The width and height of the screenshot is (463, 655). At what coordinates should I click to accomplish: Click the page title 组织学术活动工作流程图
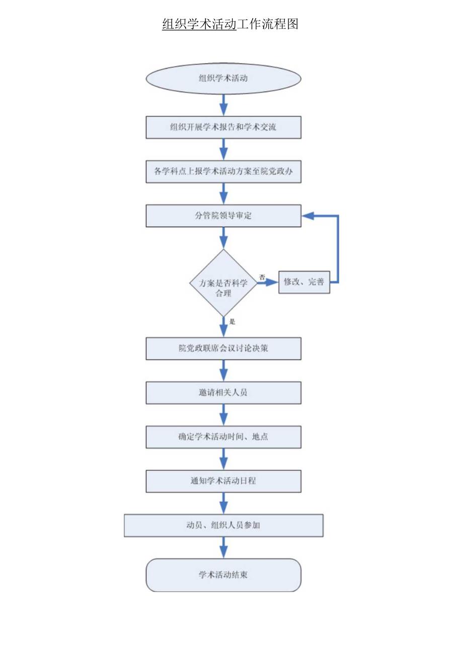click(x=230, y=24)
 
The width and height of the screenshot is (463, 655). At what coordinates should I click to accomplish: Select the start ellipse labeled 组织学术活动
click(x=223, y=79)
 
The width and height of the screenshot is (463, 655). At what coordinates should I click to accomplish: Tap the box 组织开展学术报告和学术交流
click(x=223, y=127)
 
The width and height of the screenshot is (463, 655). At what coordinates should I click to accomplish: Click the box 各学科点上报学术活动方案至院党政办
click(x=223, y=172)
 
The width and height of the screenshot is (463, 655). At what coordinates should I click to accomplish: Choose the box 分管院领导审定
click(x=223, y=215)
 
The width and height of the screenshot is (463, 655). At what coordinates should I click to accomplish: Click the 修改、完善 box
click(x=304, y=282)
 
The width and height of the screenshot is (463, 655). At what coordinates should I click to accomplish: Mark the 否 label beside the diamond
click(x=262, y=277)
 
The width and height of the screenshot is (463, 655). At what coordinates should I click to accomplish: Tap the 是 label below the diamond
click(x=232, y=321)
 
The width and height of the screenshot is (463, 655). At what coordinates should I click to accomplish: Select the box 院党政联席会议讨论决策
click(x=223, y=348)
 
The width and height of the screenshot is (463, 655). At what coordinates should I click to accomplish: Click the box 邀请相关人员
click(x=223, y=393)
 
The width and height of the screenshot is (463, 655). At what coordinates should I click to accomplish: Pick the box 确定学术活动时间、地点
click(x=223, y=436)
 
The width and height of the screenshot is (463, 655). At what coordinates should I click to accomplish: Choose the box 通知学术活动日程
click(x=223, y=481)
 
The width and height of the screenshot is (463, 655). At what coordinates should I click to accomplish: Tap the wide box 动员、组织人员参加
click(x=223, y=525)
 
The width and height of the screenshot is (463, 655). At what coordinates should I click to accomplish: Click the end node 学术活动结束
click(x=223, y=574)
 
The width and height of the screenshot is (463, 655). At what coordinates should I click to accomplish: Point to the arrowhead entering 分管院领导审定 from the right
click(x=308, y=215)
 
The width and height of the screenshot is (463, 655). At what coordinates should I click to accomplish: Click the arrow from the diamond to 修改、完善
click(x=268, y=282)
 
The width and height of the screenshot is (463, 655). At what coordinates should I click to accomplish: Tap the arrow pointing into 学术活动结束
click(x=223, y=548)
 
